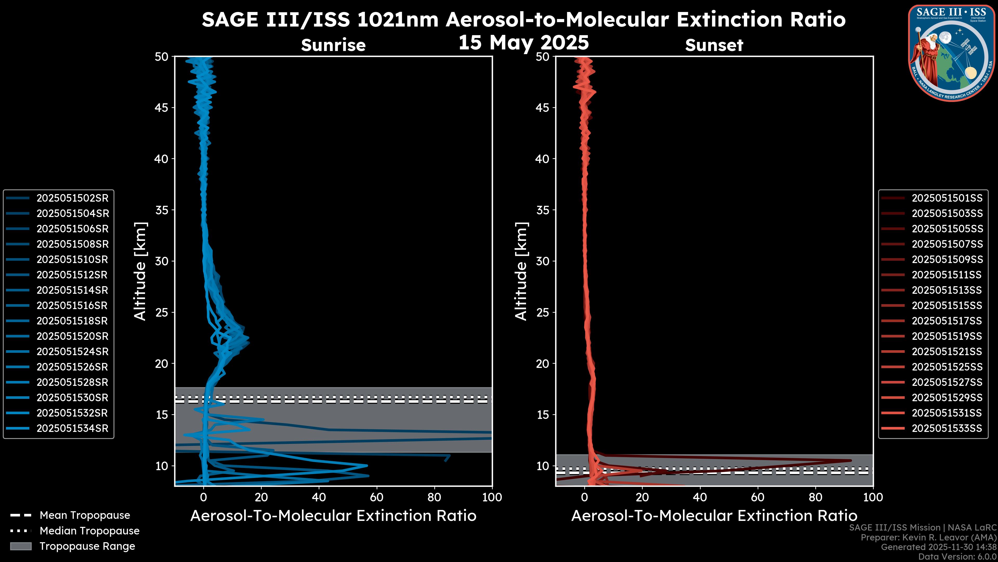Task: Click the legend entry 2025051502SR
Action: (72, 198)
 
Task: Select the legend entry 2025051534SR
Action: (72, 429)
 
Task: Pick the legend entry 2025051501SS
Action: (947, 198)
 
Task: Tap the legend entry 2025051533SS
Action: (947, 429)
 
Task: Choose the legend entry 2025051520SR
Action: (72, 336)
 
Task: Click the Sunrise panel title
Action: (333, 45)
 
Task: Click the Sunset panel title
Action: (714, 45)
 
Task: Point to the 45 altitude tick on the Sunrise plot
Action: (162, 107)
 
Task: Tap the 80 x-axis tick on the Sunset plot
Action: (816, 497)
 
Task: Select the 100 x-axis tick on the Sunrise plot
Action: (492, 497)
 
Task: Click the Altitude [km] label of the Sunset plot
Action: (521, 271)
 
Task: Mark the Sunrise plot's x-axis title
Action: (333, 516)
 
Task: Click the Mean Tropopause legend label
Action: (85, 515)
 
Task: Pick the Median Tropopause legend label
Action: (89, 531)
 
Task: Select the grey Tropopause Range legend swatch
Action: (21, 546)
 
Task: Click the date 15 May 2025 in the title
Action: (523, 43)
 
